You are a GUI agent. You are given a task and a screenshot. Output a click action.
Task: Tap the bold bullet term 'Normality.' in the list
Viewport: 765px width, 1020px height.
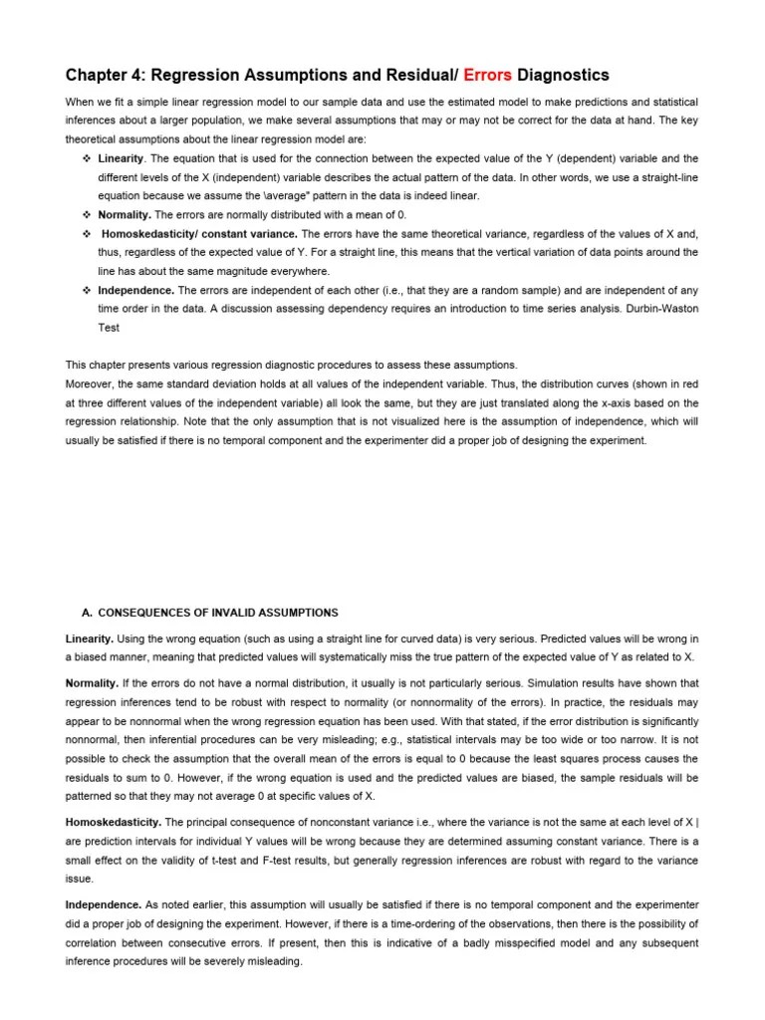pos(125,215)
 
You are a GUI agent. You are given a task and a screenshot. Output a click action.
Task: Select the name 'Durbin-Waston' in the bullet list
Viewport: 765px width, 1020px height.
pos(663,309)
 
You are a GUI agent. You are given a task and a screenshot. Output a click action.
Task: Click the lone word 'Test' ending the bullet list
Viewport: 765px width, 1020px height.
pos(109,328)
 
